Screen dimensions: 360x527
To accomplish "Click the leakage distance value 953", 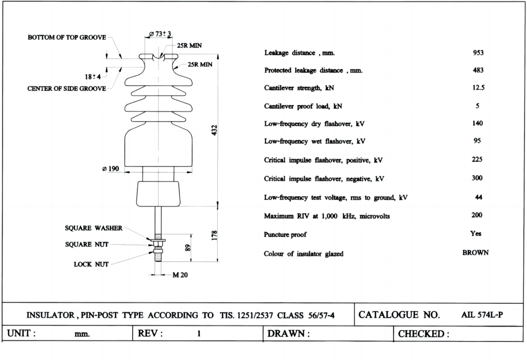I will coord(478,53).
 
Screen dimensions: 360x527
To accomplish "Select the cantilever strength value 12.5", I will coord(478,88).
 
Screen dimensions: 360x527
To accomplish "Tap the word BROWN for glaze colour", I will coord(476,253).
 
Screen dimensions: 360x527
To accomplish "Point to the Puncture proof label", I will coord(285,235).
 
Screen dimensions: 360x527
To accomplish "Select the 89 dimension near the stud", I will coord(188,247).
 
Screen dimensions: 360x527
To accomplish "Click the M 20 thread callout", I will coord(180,275).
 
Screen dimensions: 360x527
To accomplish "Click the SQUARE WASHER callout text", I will coord(94,228).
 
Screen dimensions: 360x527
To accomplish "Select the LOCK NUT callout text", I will coord(91,264).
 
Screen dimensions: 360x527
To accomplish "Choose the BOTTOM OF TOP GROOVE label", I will coord(67,38).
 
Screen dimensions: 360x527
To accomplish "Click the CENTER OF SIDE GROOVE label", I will coord(66,89).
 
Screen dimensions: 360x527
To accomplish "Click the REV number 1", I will coord(199,334).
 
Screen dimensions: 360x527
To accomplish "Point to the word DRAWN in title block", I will coord(286,334).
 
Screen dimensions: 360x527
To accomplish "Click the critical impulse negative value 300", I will coord(477,178).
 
